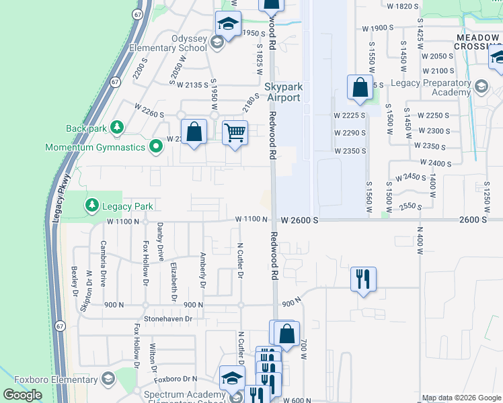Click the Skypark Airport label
282,92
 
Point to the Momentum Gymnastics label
95,146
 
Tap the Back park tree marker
117,127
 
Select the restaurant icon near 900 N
363,277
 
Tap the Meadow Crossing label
478,42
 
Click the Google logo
22,395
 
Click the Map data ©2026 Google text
461,398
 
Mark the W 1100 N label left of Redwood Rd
252,220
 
